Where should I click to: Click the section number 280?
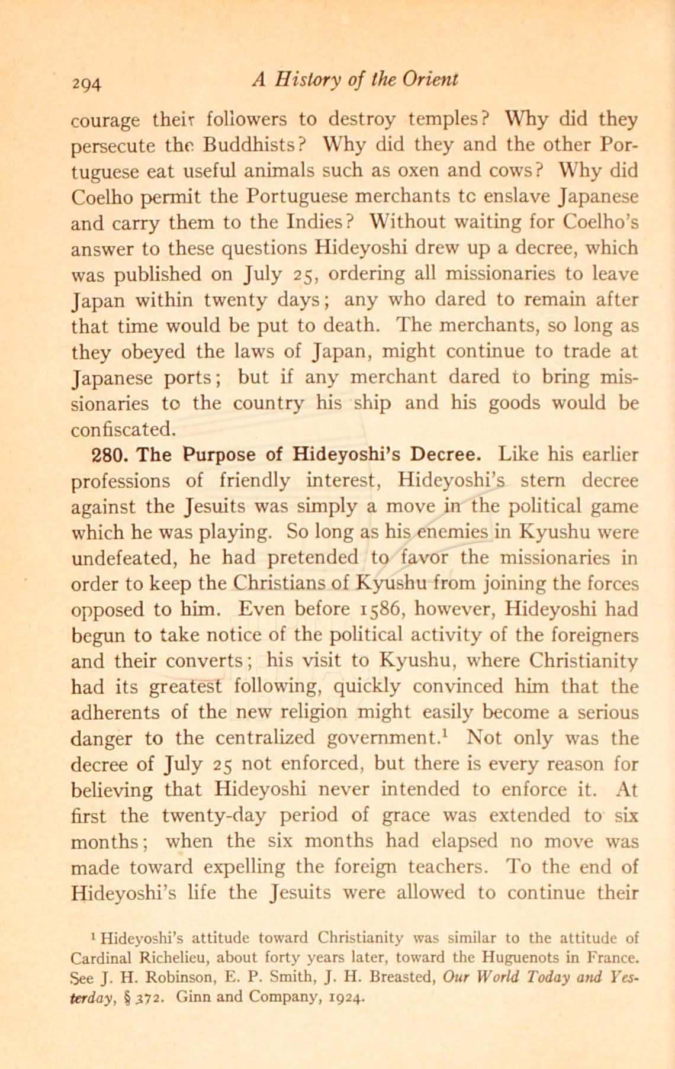pyautogui.click(x=88, y=455)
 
